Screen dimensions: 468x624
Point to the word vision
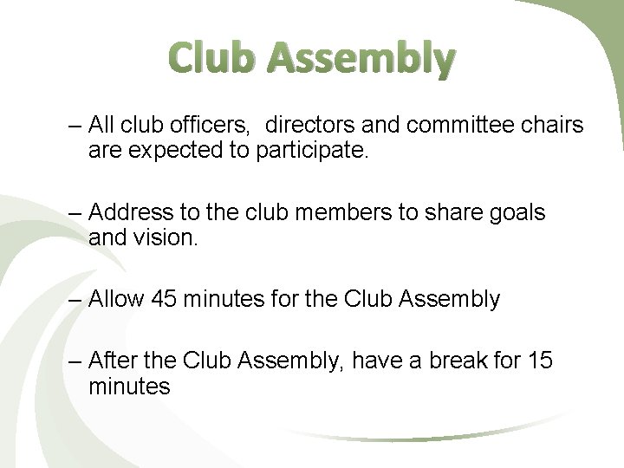coord(166,237)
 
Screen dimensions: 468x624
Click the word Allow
coord(116,300)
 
